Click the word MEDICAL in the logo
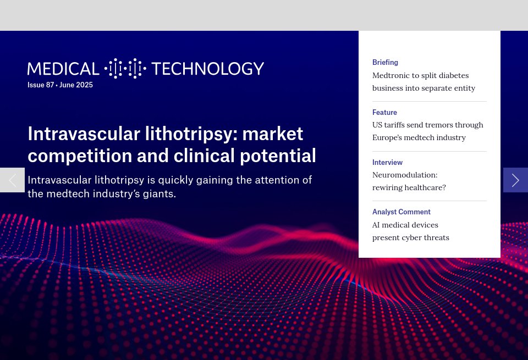63,69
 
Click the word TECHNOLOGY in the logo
207,69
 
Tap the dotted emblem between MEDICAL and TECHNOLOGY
125,69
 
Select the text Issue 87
40,85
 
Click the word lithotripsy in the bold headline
190,134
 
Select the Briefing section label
385,63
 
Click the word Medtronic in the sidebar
393,75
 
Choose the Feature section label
384,113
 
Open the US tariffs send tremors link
427,125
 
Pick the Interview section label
387,163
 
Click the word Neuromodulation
405,175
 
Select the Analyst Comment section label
401,212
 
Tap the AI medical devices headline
405,225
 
